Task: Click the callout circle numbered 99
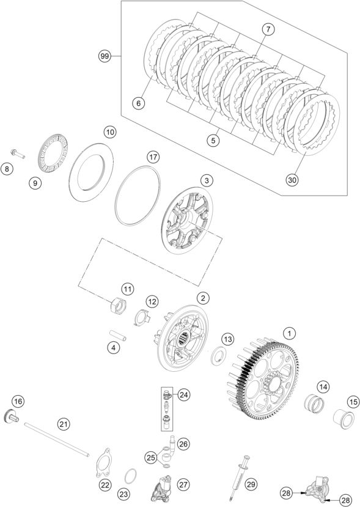(x=105, y=57)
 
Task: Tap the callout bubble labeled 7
(x=268, y=29)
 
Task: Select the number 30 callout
(x=292, y=180)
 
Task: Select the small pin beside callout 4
(x=117, y=335)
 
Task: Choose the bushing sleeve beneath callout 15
(x=342, y=419)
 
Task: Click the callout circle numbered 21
(x=64, y=423)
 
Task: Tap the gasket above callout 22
(x=103, y=462)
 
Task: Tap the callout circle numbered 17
(x=153, y=157)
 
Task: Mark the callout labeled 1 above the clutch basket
(x=289, y=333)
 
